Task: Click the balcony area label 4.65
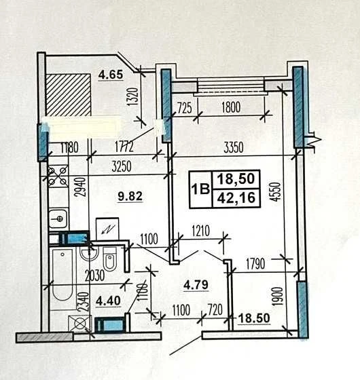pos(111,75)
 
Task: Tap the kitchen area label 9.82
pos(130,196)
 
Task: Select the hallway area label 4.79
pos(196,285)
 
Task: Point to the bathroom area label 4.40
pos(108,301)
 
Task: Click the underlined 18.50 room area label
pos(254,318)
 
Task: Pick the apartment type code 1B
pos(200,189)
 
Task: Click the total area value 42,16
pos(236,198)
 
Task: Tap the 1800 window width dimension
pos(231,107)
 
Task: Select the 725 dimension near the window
pos(185,108)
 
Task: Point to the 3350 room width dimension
pos(233,147)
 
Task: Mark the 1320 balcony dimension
pos(134,96)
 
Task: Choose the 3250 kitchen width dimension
pos(122,166)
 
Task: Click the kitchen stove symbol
pos(58,176)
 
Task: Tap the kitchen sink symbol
pos(58,218)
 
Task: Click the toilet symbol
pos(109,259)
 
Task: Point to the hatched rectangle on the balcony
pos(69,95)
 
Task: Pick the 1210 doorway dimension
pos(200,231)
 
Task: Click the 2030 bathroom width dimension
pos(95,275)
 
